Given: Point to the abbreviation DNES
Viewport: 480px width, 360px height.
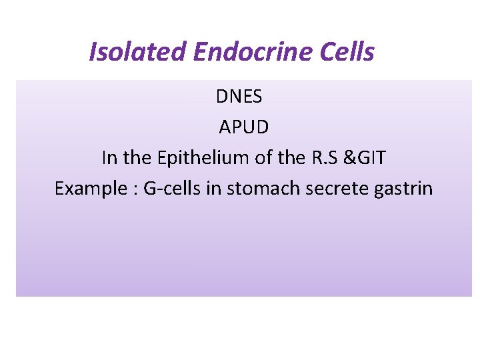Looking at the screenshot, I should (239, 97).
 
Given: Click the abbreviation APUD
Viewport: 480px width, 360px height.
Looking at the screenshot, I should (244, 127).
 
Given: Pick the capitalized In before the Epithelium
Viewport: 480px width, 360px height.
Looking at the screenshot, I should (109, 158).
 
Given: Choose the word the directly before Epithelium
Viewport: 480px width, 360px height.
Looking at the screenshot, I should (138, 158).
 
